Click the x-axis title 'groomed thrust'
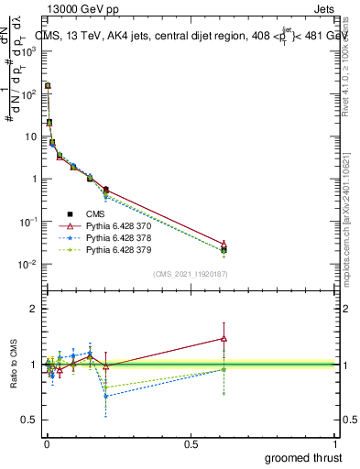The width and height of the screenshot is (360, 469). tap(303, 457)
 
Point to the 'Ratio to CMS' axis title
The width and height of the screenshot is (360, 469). tap(14, 365)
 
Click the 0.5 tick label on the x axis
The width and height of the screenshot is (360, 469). tap(191, 443)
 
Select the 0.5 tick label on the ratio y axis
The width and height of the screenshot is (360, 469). tap(30, 420)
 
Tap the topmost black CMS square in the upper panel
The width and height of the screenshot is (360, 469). tap(47, 86)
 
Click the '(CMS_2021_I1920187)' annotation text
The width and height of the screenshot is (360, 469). tap(190, 274)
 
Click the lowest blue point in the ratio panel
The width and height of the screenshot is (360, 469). tap(106, 396)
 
